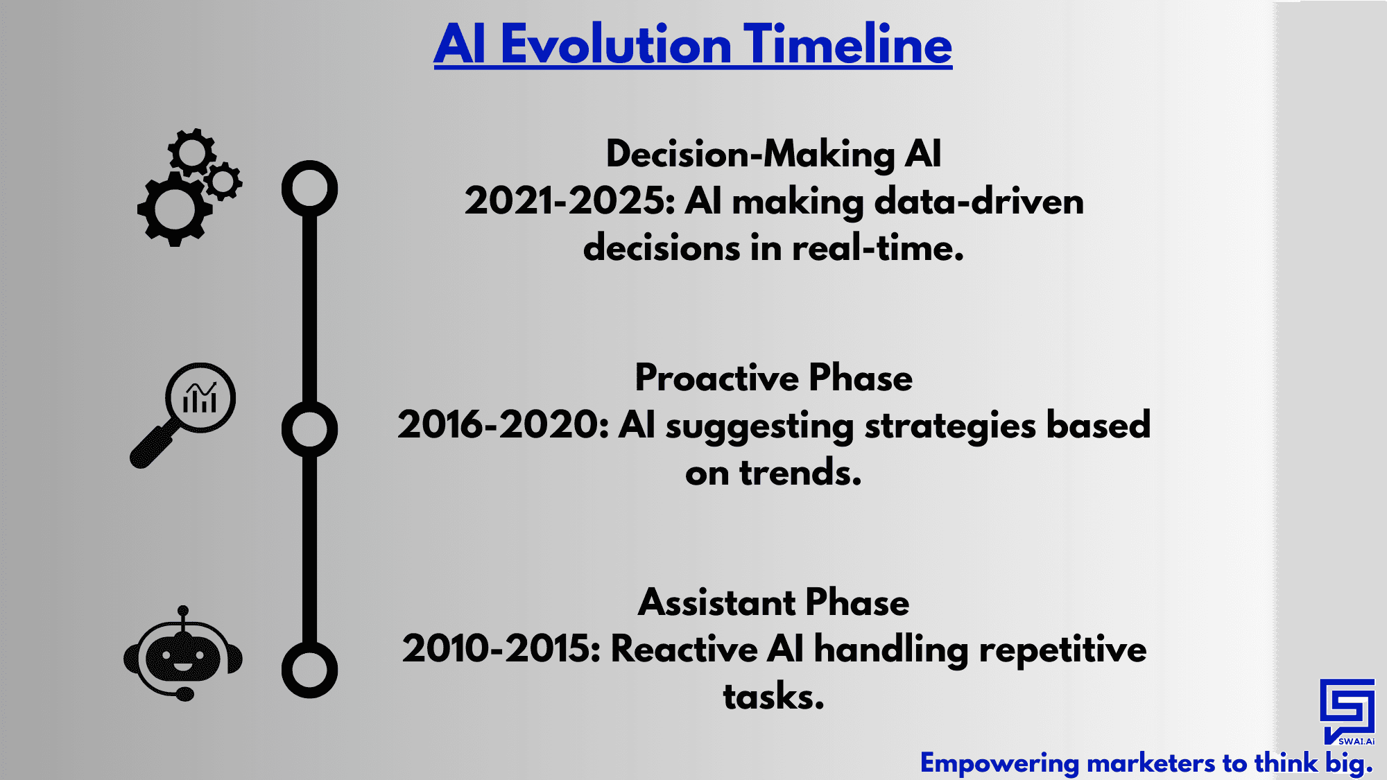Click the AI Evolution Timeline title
(x=693, y=44)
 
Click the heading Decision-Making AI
(x=773, y=154)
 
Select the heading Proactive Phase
(x=773, y=379)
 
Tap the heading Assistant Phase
(x=773, y=603)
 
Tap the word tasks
(x=773, y=697)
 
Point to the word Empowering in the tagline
(x=999, y=764)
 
